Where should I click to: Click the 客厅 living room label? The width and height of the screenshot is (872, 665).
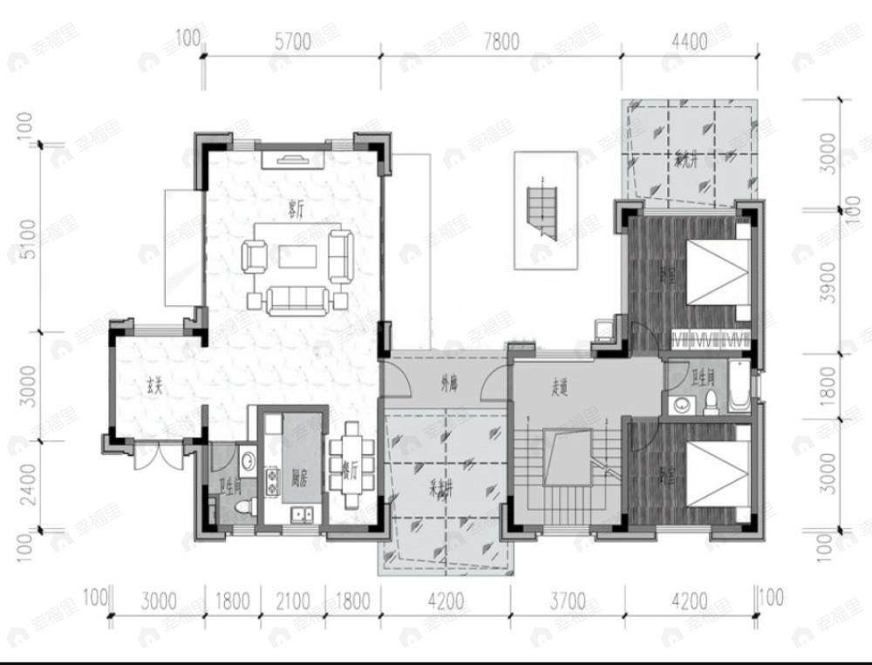pyautogui.click(x=294, y=207)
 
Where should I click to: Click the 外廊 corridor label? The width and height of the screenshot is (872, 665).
pyautogui.click(x=449, y=381)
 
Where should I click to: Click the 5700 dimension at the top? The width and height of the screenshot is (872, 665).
pyautogui.click(x=292, y=42)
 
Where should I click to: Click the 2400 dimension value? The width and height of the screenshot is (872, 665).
pyautogui.click(x=27, y=485)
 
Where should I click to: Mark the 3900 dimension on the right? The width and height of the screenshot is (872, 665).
pyautogui.click(x=828, y=282)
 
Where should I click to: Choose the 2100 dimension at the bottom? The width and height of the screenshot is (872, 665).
pyautogui.click(x=294, y=601)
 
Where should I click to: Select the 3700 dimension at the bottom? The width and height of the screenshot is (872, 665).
pyautogui.click(x=567, y=601)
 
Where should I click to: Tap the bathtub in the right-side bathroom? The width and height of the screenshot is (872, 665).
pyautogui.click(x=738, y=388)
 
